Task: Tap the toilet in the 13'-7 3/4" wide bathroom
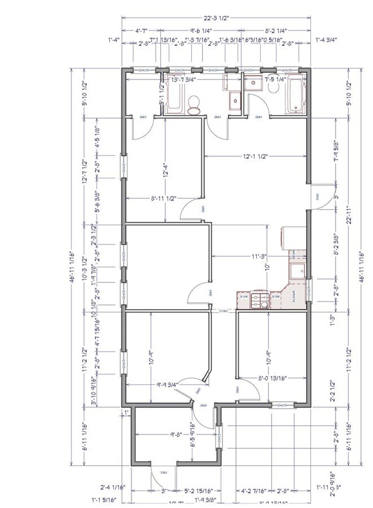point(194,105)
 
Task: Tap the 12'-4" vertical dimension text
point(165,169)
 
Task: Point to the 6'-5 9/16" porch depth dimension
point(194,435)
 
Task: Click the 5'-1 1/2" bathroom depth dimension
point(161,95)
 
